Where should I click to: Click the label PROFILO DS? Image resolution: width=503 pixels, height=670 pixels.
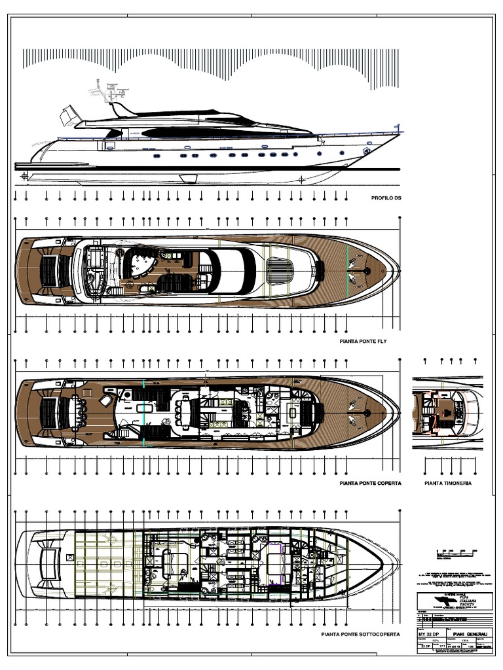(x=385, y=197)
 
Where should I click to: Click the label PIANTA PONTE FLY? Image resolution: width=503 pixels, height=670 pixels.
(x=367, y=342)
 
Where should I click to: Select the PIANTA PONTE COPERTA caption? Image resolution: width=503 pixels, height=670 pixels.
(x=370, y=484)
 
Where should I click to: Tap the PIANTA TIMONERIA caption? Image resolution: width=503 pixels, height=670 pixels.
(x=448, y=484)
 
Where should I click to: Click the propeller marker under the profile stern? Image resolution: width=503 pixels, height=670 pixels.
(x=24, y=175)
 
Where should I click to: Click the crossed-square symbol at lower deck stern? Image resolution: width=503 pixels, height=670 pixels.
(x=68, y=558)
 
